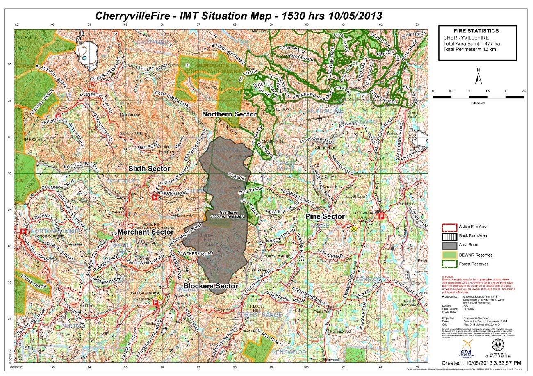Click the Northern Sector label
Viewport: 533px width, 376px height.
(x=229, y=114)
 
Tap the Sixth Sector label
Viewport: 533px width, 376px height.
(x=149, y=169)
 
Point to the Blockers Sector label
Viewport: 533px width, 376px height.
(x=211, y=286)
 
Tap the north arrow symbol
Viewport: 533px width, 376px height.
(x=478, y=76)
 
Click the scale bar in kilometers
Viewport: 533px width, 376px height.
(x=478, y=97)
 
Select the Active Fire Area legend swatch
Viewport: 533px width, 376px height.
(x=449, y=227)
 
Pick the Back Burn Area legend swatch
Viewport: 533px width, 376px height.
(x=449, y=236)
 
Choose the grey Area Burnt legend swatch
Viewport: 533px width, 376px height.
(x=449, y=245)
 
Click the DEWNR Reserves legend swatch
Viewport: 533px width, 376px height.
(x=449, y=255)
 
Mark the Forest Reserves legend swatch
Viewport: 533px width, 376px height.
(x=449, y=264)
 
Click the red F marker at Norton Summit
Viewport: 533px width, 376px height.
(x=23, y=232)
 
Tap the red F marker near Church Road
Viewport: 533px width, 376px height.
(x=155, y=197)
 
